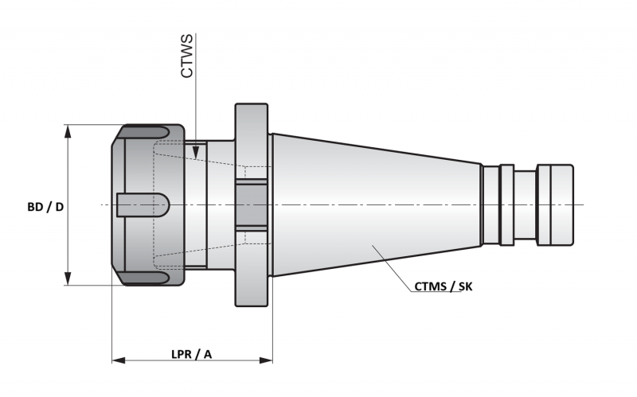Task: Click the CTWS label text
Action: [187, 56]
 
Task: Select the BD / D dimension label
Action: [45, 207]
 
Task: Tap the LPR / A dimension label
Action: [191, 354]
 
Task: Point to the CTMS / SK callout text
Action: [444, 286]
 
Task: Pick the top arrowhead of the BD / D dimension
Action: [68, 133]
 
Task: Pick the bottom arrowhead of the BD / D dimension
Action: [68, 278]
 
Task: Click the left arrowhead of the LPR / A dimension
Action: [119, 360]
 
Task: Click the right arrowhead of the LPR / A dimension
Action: [266, 360]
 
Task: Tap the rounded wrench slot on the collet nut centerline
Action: [143, 205]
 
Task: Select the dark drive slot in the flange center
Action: [252, 205]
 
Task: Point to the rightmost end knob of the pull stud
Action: [555, 205]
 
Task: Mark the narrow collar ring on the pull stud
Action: [506, 205]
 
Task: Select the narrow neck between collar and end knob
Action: [526, 205]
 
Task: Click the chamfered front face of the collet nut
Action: [118, 205]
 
